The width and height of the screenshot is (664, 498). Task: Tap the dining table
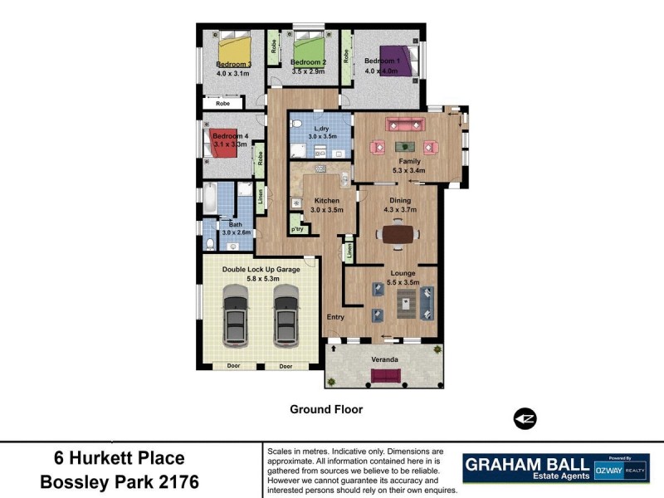coord(397,235)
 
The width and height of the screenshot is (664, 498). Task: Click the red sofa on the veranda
coord(384,375)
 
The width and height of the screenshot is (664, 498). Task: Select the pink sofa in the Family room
coord(406,125)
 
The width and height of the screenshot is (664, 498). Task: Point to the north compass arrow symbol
coord(525,418)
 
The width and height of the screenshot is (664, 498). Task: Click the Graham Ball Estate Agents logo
coord(526,467)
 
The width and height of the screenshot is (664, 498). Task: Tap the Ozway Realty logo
coord(622,468)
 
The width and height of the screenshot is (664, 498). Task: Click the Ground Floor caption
coord(326,409)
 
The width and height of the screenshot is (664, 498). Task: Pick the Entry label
coord(335,316)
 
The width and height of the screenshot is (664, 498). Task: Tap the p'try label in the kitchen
coord(296,228)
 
